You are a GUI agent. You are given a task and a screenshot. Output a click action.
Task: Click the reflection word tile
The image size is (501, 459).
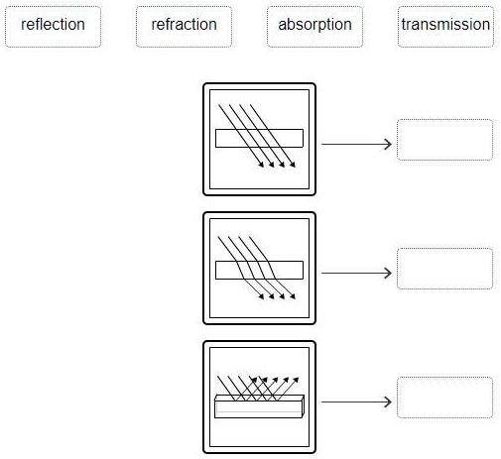(53, 26)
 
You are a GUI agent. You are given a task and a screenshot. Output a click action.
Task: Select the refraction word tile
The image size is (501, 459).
(184, 26)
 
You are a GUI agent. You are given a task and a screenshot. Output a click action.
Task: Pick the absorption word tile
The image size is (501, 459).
(314, 26)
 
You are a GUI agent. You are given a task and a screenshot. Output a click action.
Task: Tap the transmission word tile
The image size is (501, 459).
(445, 26)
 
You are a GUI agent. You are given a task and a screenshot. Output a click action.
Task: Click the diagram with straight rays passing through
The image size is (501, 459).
(259, 139)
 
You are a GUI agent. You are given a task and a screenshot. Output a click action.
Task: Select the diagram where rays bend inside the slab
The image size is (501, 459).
(259, 268)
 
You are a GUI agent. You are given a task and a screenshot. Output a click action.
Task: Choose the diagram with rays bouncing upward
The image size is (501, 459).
(259, 397)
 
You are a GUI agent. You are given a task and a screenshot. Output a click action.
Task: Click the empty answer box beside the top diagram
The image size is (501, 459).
(444, 140)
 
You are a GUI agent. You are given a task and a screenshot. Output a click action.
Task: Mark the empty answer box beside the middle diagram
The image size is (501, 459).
(444, 269)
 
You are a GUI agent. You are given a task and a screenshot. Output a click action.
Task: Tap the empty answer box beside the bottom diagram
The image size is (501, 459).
(444, 398)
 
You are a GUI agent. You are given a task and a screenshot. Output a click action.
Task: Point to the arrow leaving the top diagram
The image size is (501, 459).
(356, 144)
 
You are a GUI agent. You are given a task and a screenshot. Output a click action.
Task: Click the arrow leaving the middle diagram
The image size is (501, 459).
(356, 273)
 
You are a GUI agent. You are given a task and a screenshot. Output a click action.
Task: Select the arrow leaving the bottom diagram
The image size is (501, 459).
(356, 402)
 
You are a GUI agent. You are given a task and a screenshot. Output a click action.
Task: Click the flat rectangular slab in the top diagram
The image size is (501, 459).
(259, 139)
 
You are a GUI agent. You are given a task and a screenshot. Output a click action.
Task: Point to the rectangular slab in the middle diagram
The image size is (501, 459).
(259, 268)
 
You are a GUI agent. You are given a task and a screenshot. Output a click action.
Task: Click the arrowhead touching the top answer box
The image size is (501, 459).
(389, 144)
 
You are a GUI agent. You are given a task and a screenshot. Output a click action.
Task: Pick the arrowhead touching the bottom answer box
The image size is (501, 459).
(389, 402)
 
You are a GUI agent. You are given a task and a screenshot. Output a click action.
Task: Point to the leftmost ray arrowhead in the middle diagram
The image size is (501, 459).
(261, 294)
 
